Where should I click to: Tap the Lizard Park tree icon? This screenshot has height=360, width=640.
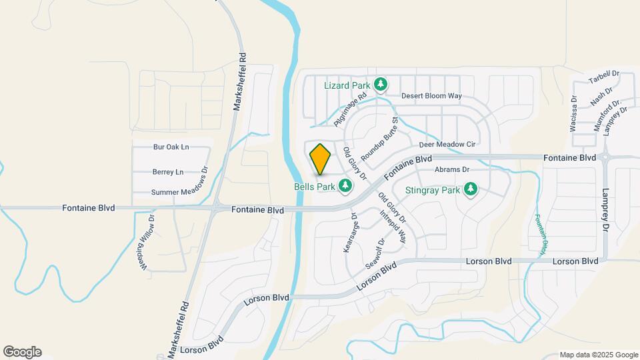381,85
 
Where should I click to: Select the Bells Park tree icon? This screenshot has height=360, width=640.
345,186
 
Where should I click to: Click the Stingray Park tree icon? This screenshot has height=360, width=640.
471,190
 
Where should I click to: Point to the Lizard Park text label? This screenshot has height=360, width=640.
347,85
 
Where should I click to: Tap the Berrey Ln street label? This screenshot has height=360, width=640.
168,172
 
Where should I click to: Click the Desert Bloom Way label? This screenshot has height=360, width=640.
431,96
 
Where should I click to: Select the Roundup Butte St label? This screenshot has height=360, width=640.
383,137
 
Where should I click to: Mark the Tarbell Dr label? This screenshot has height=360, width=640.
604,78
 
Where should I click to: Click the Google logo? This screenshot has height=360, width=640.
22,352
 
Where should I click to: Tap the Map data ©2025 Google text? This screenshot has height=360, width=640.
598,355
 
